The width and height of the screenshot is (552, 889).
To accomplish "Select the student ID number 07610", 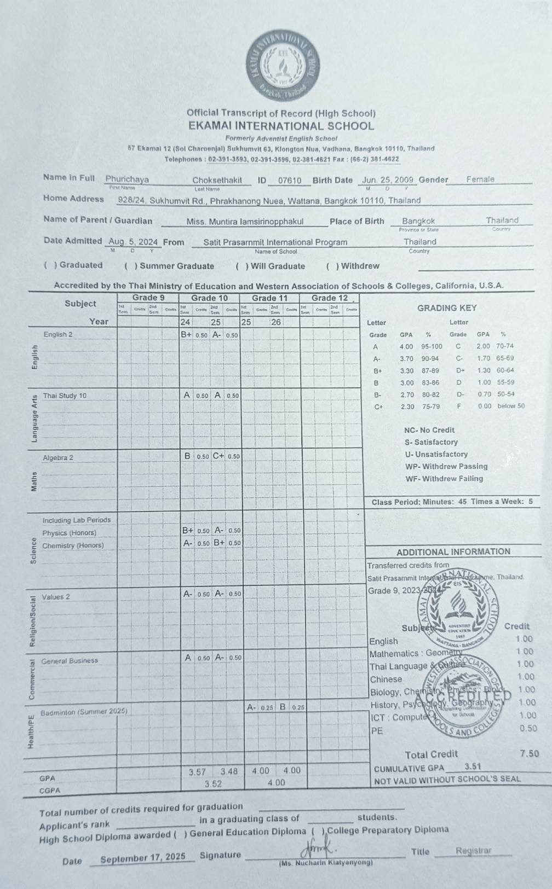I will point(290,181).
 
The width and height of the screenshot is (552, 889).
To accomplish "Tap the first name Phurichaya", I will point(127,179).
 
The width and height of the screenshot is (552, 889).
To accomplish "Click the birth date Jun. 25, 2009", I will point(388,180).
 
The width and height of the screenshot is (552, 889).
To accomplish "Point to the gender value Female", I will point(480,179).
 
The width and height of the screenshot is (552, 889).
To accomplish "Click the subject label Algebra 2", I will point(58,458).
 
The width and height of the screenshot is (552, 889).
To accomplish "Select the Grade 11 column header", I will point(269,298).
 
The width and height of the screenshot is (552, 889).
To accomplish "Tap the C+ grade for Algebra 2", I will point(219,456).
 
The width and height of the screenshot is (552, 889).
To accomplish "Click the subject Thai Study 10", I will point(65,396).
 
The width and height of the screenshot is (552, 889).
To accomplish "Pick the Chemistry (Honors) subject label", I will point(73,545).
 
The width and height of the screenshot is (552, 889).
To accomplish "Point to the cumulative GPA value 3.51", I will point(472,766).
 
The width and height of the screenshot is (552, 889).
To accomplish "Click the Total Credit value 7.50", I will point(529,753).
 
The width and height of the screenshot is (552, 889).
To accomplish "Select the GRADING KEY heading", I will point(447,308).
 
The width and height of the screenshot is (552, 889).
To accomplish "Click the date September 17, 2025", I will point(143,857).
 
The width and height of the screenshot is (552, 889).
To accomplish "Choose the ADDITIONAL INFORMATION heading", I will point(453,552).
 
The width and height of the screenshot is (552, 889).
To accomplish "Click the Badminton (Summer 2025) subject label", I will point(84,712).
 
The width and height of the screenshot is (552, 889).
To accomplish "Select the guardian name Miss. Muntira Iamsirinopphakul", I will point(245,222).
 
